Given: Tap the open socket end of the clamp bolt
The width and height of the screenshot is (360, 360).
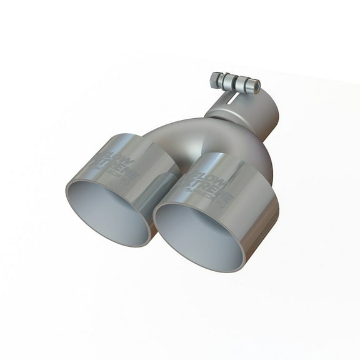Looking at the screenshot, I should coord(255,86).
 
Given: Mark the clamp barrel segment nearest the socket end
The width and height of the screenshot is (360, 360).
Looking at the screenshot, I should coord(245,84).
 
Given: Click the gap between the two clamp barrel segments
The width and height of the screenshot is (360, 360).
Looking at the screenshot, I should coord(237,83).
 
